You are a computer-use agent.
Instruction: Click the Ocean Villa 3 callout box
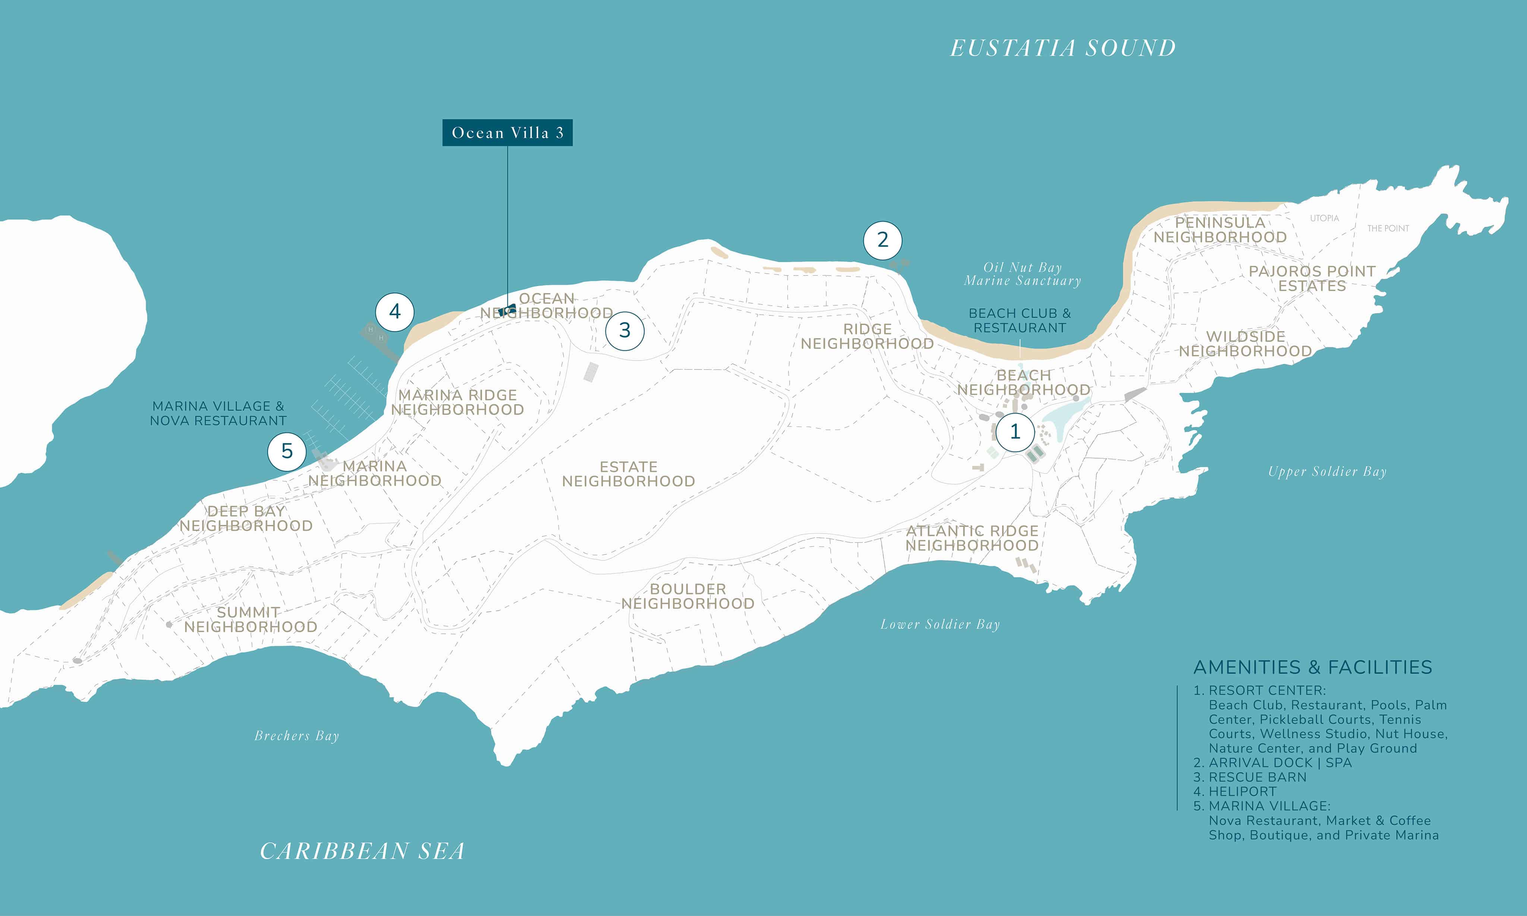click(x=507, y=133)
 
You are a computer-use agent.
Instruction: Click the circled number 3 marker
click(x=624, y=330)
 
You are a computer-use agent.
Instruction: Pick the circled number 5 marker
click(x=287, y=451)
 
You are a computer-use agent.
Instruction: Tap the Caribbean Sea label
click(x=362, y=851)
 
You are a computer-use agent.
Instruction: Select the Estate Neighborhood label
click(x=628, y=474)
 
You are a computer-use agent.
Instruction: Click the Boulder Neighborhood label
click(x=687, y=596)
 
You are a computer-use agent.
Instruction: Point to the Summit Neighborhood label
click(x=250, y=620)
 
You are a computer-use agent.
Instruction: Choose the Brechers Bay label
click(x=297, y=736)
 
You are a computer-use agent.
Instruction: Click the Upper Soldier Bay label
click(x=1327, y=472)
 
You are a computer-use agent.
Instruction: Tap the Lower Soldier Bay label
click(x=940, y=625)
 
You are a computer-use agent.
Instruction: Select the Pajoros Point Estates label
click(x=1312, y=278)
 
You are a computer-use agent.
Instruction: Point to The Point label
click(x=1388, y=229)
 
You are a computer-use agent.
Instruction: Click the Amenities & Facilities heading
click(x=1313, y=667)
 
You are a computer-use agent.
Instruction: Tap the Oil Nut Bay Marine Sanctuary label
click(x=1023, y=274)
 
